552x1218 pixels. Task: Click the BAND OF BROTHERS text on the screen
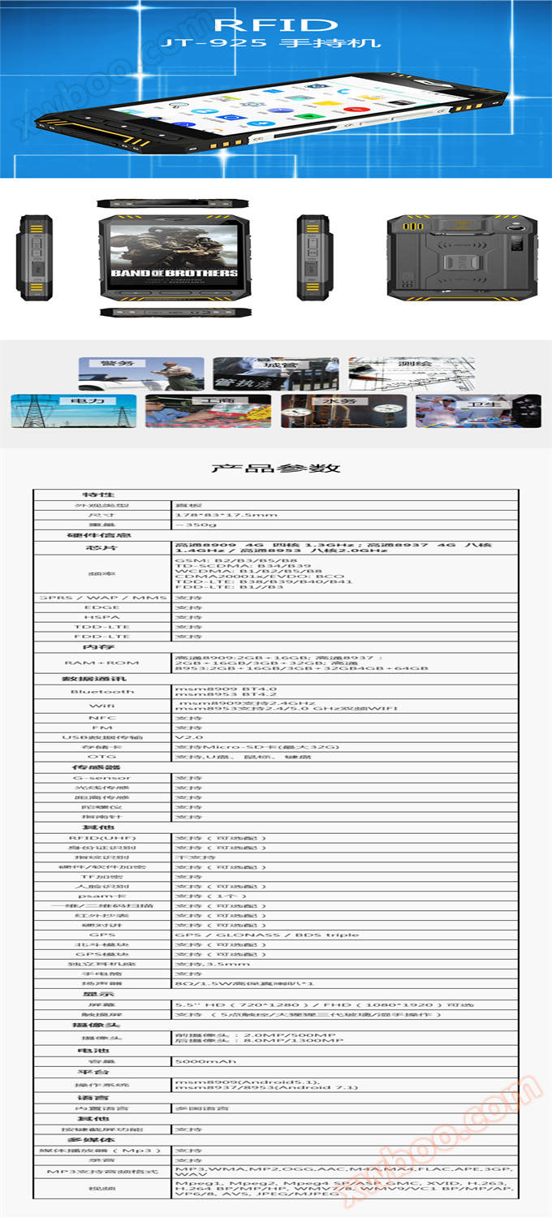(174, 274)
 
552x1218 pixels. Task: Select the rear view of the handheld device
(462, 256)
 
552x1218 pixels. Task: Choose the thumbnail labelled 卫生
(478, 411)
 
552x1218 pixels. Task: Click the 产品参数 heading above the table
(275, 468)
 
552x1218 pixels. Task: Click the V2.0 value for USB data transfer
(188, 737)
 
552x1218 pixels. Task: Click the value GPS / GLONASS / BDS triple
(256, 935)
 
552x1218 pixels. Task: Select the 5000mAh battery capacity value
(205, 1061)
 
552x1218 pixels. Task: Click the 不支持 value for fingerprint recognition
(196, 857)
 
